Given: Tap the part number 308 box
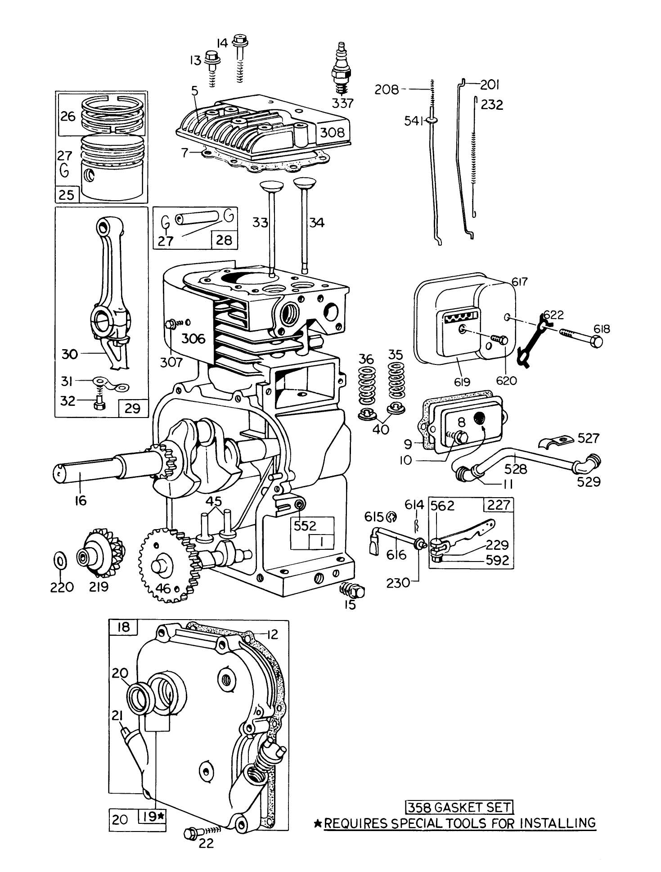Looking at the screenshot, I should click(x=332, y=132).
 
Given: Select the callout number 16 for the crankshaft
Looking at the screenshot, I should click(x=81, y=500).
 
